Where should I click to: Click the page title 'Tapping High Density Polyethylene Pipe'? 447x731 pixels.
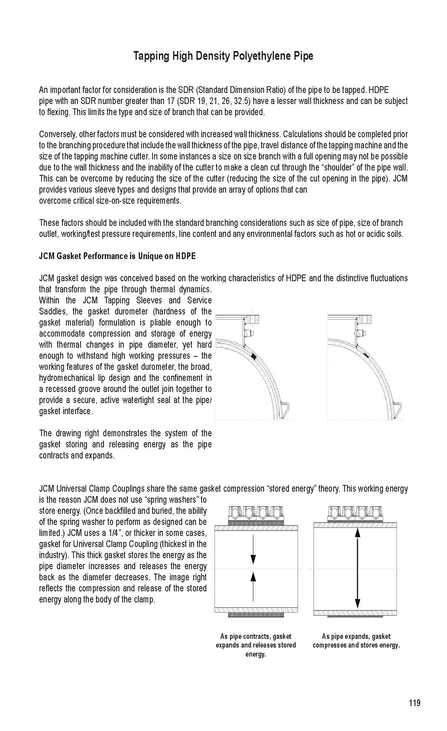point(223,56)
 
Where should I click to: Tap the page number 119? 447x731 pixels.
point(415,703)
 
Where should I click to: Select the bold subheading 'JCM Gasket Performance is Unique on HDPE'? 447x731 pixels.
point(117,256)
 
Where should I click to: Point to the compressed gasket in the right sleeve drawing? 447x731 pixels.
point(365,356)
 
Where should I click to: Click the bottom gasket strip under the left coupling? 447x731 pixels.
point(256,615)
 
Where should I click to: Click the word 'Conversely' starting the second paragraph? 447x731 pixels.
point(55,134)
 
